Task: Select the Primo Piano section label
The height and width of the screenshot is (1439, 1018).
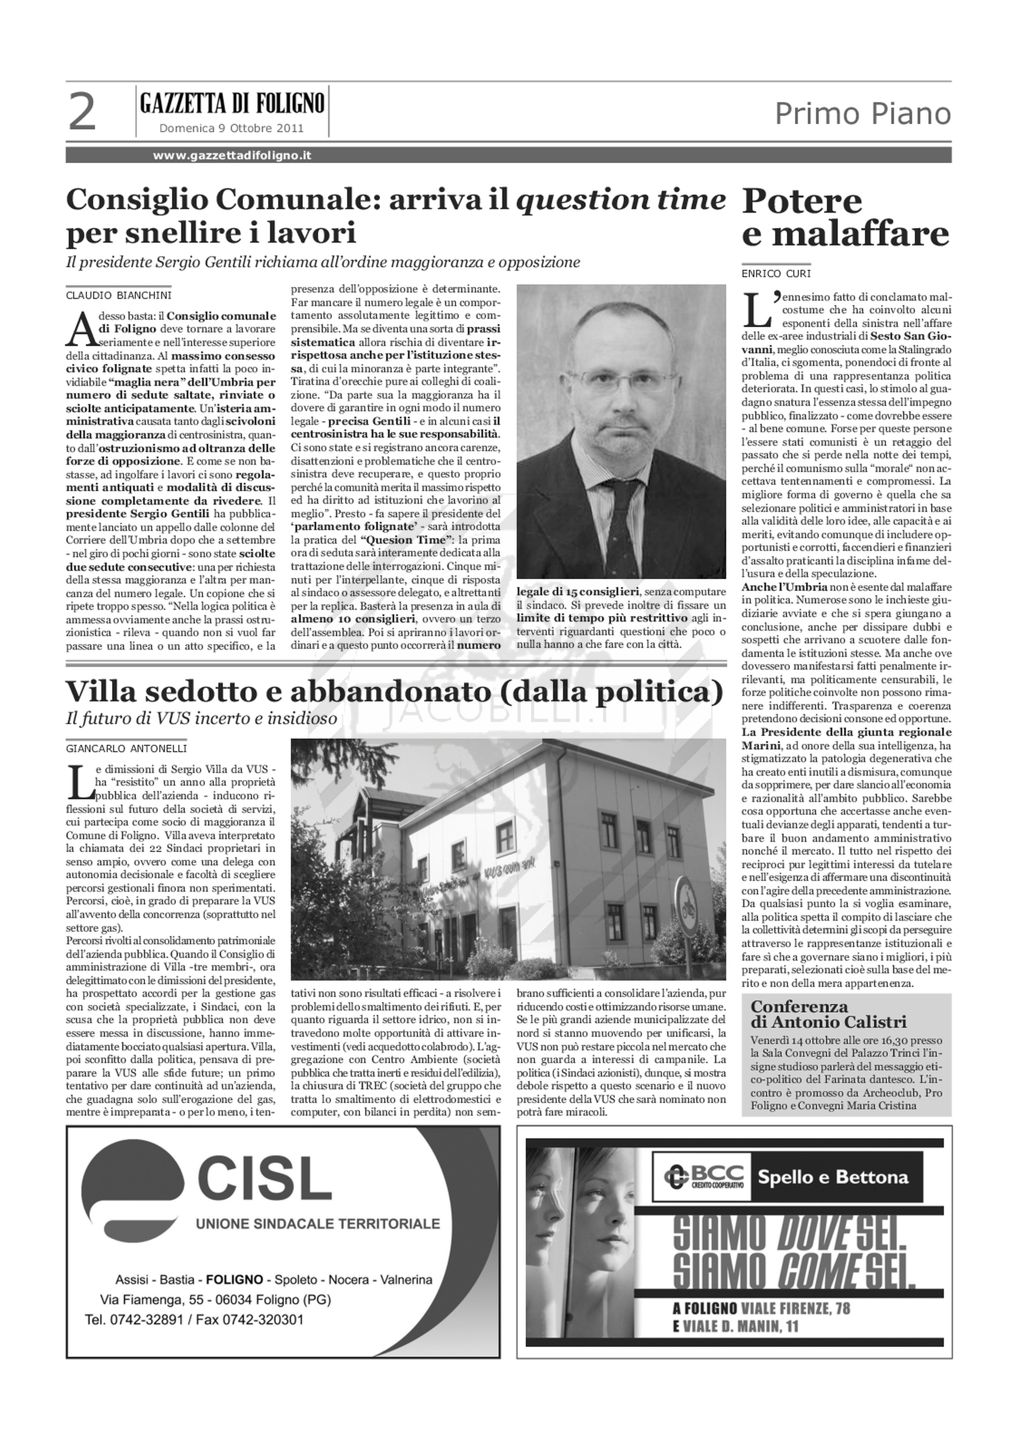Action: pyautogui.click(x=862, y=114)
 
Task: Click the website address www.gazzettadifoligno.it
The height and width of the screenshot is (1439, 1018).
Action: pyautogui.click(x=232, y=156)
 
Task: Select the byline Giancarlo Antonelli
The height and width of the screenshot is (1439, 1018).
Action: pyautogui.click(x=127, y=748)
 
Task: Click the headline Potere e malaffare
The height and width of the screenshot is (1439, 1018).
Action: pyautogui.click(x=845, y=217)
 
